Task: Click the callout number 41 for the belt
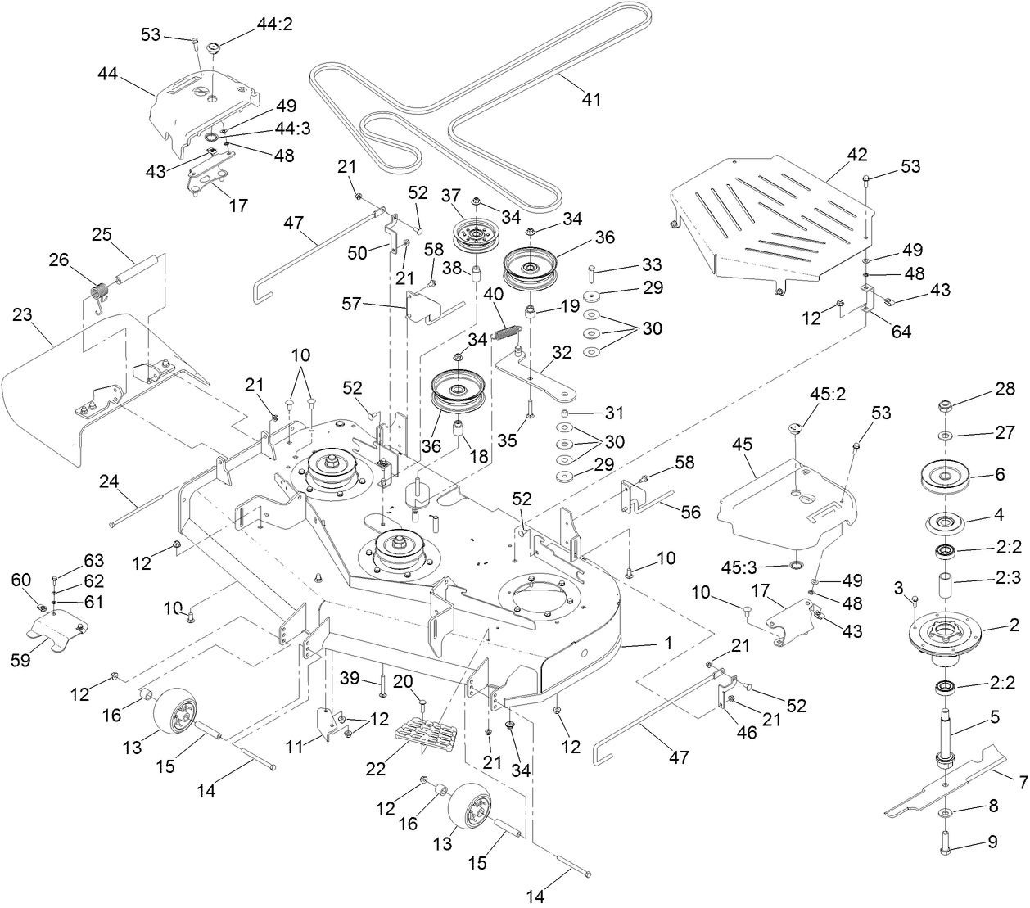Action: [590, 99]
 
